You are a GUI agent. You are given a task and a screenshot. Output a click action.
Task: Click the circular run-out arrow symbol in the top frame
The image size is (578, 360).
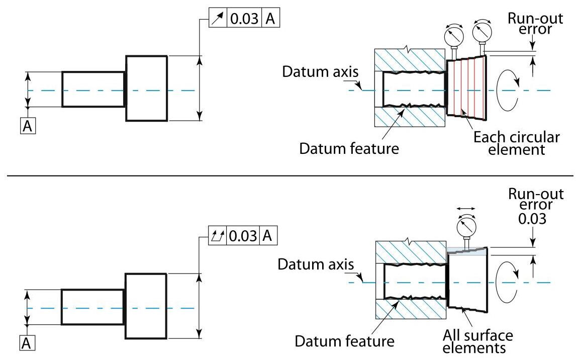[x=218, y=19]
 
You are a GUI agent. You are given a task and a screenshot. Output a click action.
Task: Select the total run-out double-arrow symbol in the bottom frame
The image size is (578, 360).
[x=218, y=235]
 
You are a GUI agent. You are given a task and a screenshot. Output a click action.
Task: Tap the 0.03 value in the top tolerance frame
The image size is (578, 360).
[x=245, y=19]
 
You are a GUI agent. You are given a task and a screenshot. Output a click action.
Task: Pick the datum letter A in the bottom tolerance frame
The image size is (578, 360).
[x=268, y=235]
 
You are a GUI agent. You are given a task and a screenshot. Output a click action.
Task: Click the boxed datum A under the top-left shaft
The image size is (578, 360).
[x=28, y=126]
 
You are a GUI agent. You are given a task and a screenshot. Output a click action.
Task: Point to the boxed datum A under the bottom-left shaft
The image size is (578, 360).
[x=28, y=343]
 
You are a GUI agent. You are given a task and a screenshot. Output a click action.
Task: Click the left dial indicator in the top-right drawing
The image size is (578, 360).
[x=454, y=37]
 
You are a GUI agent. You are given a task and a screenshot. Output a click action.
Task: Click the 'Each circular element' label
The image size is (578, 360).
[x=516, y=143]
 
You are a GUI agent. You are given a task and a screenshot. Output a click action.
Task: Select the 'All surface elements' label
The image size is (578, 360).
[x=478, y=340]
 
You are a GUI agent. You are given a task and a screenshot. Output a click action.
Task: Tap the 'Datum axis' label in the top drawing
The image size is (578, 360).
[x=320, y=71]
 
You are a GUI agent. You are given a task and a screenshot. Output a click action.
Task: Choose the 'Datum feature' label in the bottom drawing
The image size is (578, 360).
[x=344, y=341]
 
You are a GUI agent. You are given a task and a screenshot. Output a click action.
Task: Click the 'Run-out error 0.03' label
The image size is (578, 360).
[x=536, y=205]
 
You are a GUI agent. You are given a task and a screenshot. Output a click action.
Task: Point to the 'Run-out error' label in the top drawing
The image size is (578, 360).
[x=535, y=24]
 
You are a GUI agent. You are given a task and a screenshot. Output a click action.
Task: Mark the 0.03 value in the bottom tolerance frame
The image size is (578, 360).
[x=243, y=235]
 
